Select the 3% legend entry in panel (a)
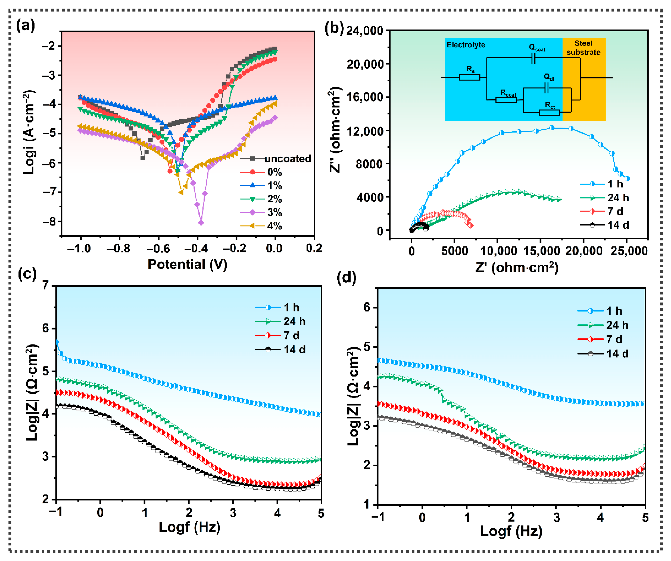pos(274,212)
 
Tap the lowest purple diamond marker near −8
pos(201,223)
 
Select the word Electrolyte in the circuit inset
pos(466,45)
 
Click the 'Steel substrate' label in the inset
pos(583,48)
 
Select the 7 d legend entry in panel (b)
pos(615,211)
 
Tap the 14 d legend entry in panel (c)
pos(294,350)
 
